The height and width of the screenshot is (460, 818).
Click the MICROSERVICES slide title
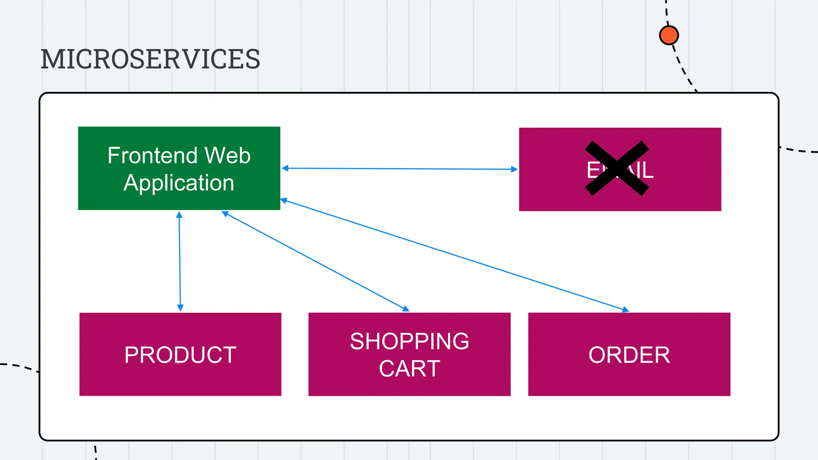click(x=150, y=59)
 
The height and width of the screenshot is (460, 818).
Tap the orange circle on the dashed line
click(x=669, y=35)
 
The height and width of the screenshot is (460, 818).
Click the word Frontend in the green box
click(x=153, y=155)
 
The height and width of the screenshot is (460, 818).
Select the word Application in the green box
click(x=179, y=183)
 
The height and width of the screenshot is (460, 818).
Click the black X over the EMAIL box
click(x=617, y=168)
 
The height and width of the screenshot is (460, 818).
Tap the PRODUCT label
click(x=180, y=355)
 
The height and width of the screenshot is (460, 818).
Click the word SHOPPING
click(x=409, y=341)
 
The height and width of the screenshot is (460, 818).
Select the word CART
click(x=409, y=368)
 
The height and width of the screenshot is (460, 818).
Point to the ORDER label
click(x=629, y=355)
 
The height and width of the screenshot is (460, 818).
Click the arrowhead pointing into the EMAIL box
click(x=514, y=169)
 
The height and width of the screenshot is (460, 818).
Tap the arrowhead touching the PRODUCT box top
click(x=180, y=308)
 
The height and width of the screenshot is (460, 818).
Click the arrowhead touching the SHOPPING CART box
click(x=406, y=309)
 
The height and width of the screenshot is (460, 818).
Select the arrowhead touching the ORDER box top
click(x=625, y=309)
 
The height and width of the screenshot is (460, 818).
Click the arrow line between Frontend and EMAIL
click(x=399, y=169)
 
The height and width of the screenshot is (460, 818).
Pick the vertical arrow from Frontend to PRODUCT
click(x=180, y=262)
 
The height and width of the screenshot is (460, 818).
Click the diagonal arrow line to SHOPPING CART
click(x=316, y=262)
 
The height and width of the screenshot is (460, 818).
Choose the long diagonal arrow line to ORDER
click(x=455, y=256)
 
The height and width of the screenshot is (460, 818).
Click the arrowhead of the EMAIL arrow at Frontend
click(x=285, y=169)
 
